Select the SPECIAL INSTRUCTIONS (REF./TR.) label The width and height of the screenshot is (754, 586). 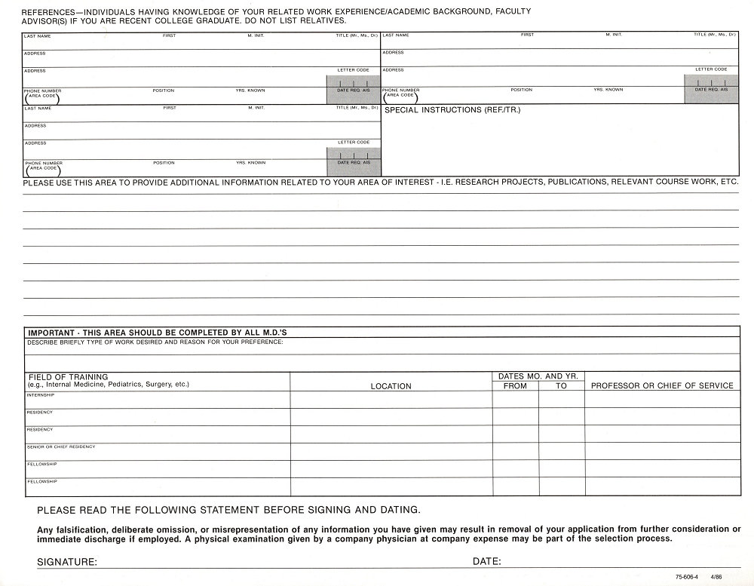[x=452, y=110]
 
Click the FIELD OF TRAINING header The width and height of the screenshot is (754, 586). [x=68, y=376]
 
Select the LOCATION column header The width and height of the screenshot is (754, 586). [x=391, y=386]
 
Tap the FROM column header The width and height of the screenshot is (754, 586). [x=515, y=385]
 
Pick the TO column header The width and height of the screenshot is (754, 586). [x=561, y=385]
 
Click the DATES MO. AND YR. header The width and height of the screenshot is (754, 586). [x=538, y=376]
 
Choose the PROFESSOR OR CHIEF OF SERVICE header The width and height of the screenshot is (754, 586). [x=662, y=385]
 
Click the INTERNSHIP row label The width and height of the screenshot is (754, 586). [x=40, y=394]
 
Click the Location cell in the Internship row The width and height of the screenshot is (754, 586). [x=391, y=400]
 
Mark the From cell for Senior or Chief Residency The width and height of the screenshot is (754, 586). [x=515, y=451]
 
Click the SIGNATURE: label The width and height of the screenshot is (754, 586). [x=66, y=562]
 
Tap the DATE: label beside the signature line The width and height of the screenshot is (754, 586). [x=487, y=562]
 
